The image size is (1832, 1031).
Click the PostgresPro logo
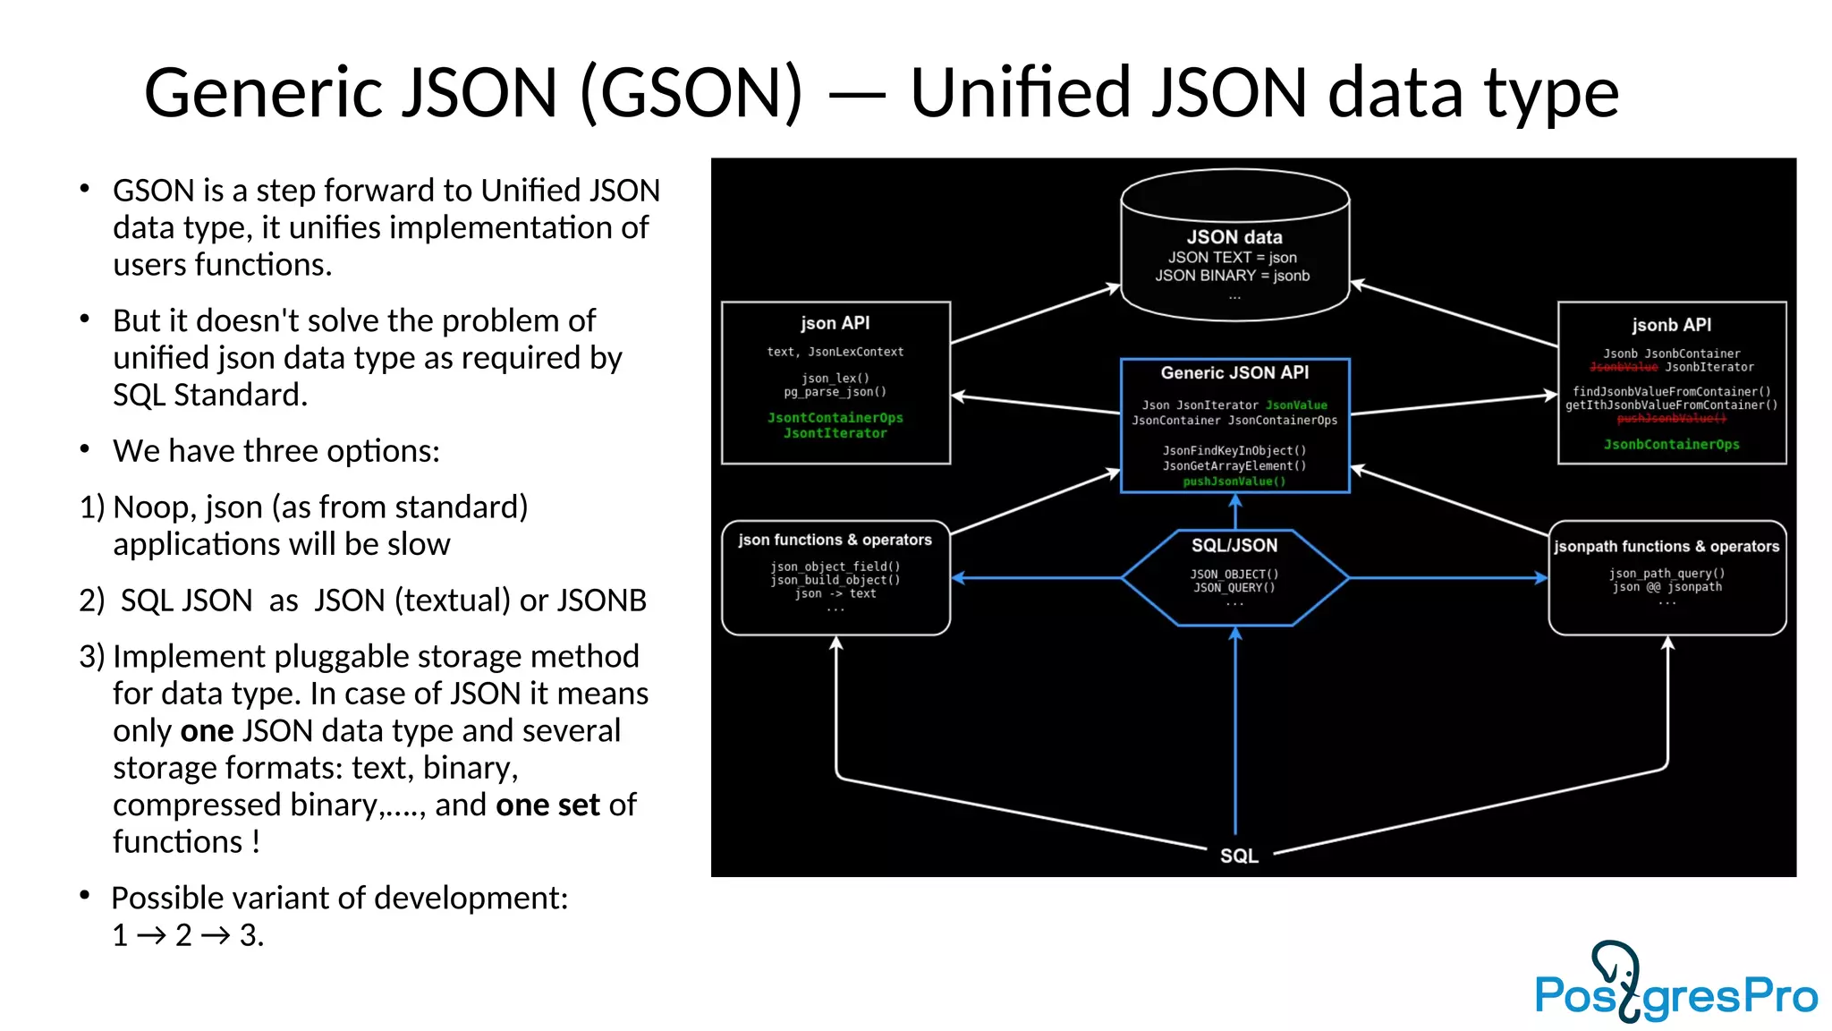click(x=1675, y=984)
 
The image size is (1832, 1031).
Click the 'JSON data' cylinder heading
click(x=1234, y=237)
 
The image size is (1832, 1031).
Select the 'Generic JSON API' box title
click(x=1234, y=372)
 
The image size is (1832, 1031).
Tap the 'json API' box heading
click(x=835, y=323)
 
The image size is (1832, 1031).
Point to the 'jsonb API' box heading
click(x=1671, y=325)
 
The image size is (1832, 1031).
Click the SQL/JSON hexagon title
click(x=1234, y=545)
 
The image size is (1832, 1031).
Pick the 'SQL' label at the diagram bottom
click(x=1239, y=856)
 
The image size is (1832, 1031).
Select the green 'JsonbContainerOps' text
click(x=1671, y=445)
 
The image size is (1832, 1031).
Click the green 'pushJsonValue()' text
click(x=1234, y=481)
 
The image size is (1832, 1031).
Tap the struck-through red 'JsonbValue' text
click(x=1624, y=367)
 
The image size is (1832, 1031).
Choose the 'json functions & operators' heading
click(x=835, y=540)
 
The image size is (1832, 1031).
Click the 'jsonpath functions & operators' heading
click(x=1667, y=546)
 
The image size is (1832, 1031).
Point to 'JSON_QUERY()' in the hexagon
click(x=1234, y=588)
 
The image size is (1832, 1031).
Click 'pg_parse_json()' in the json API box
click(x=835, y=392)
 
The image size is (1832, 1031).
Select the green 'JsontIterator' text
click(x=835, y=433)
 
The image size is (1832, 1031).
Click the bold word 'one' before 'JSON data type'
click(x=207, y=731)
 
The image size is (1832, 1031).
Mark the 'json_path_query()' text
click(x=1667, y=574)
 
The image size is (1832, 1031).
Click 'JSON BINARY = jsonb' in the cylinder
click(x=1232, y=276)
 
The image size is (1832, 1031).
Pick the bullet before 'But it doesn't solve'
click(x=85, y=319)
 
